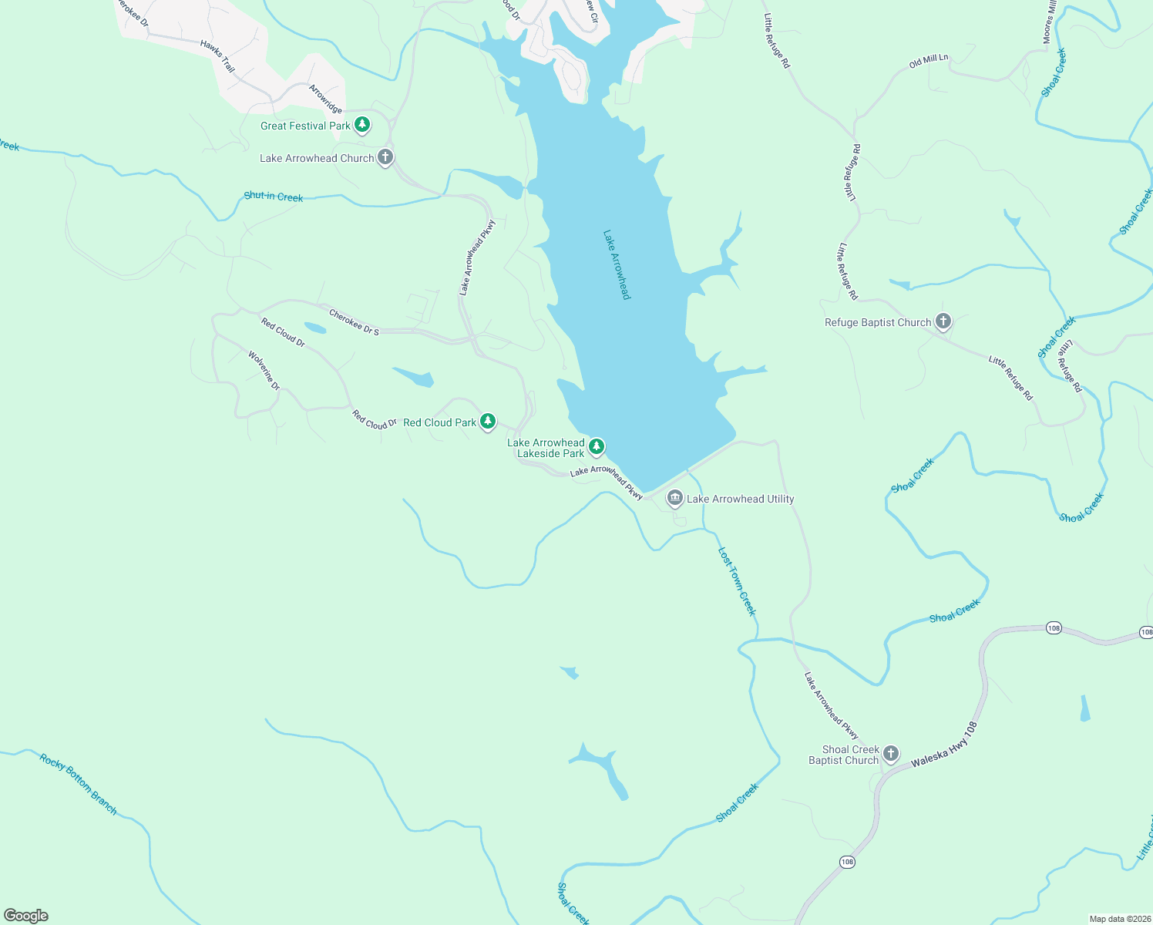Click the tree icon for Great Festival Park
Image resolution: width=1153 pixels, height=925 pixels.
tap(362, 125)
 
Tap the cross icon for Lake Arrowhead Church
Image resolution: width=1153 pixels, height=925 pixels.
tap(385, 157)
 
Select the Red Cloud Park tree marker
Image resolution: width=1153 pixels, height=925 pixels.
tap(487, 421)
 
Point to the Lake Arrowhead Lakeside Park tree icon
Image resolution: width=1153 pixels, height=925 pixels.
tap(596, 446)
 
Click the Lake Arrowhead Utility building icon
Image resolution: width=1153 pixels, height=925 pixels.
tap(675, 499)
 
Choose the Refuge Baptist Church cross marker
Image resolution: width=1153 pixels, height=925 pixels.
tap(943, 321)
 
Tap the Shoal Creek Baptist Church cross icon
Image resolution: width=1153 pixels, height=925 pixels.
tap(891, 753)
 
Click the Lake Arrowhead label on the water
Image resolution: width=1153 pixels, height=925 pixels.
tap(617, 264)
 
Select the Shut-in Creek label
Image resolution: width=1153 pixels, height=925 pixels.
tap(274, 197)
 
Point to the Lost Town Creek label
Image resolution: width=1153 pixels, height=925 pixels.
tap(737, 581)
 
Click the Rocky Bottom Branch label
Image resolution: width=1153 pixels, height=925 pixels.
tap(79, 784)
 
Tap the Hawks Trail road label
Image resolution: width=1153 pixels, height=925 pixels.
tap(217, 56)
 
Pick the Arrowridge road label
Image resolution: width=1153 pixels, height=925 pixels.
tap(325, 99)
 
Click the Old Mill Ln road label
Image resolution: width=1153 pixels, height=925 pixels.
tap(929, 62)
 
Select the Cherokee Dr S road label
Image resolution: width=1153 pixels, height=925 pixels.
tap(354, 321)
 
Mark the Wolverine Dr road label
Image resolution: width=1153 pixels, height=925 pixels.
tap(264, 370)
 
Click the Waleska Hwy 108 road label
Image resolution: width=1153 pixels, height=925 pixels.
tap(944, 745)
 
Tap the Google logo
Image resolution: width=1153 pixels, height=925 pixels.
tap(26, 916)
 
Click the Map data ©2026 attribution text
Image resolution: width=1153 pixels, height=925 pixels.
tap(1119, 919)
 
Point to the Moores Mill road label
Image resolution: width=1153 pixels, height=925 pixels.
tap(1049, 23)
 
